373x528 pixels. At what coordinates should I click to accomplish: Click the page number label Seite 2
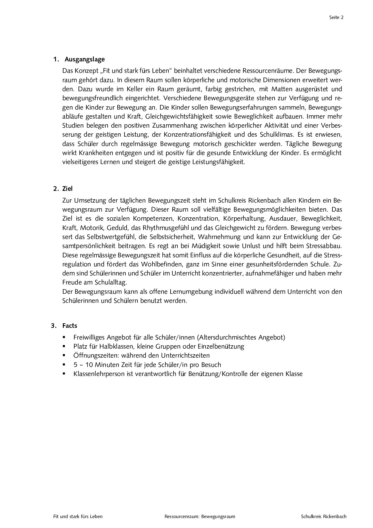coord(336,17)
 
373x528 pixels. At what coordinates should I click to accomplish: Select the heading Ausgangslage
coord(85,59)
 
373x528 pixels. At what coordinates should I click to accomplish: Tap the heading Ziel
coord(67,189)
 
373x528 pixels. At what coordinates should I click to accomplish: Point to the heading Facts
coord(70,326)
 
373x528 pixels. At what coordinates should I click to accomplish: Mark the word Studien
coord(73,125)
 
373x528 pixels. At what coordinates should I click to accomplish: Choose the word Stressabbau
coord(324,246)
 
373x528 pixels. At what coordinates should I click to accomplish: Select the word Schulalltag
coord(111,282)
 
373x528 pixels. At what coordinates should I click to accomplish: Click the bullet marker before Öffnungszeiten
coord(64,356)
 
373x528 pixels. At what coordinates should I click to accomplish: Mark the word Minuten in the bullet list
coord(105,365)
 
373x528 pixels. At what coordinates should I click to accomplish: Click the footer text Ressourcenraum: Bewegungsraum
coord(200,517)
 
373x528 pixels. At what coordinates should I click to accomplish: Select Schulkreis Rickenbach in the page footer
coord(324,517)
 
